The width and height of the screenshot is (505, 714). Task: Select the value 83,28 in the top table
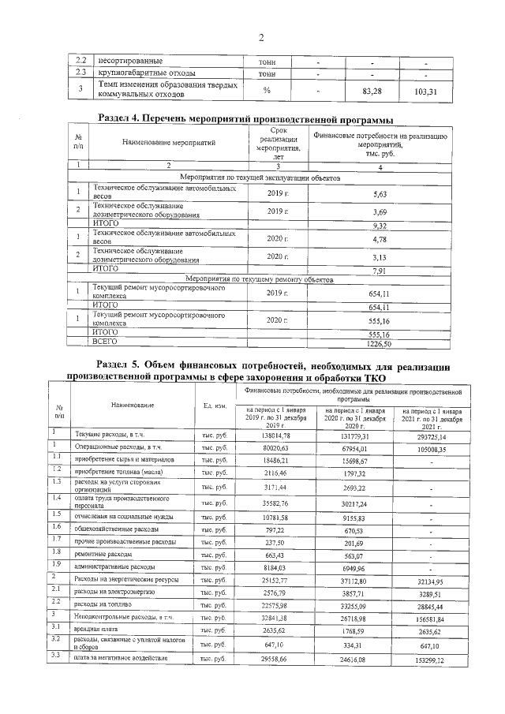372,92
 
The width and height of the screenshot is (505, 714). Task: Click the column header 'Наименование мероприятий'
168,142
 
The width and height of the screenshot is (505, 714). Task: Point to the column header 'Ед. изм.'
215,406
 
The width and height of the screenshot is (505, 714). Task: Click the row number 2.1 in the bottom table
58,589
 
